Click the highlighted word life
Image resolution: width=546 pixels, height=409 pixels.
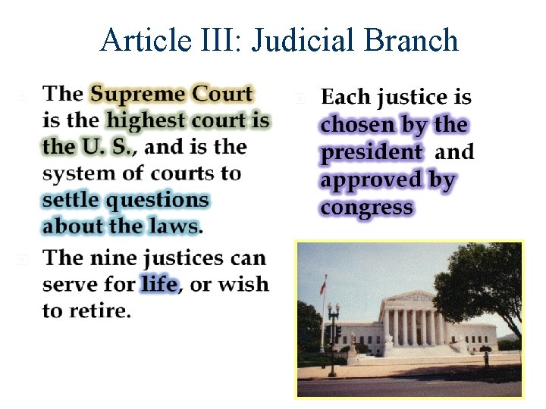[159, 284]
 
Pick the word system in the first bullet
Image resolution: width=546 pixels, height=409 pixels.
[74, 173]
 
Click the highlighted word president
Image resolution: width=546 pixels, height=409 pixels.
[371, 152]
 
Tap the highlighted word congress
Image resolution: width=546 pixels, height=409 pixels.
[367, 207]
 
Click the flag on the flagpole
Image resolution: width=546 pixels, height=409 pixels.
[322, 289]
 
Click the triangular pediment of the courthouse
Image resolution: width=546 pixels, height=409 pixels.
[410, 296]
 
